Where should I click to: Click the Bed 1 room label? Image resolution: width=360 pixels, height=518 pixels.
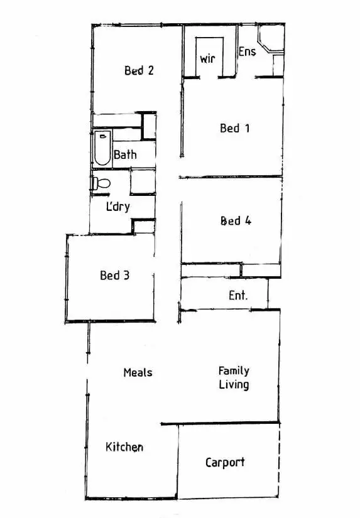point(235,128)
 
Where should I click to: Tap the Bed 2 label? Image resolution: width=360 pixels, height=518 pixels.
point(139,70)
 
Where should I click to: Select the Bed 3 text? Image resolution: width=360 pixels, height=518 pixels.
point(114,275)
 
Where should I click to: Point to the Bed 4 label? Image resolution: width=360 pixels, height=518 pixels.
point(236,221)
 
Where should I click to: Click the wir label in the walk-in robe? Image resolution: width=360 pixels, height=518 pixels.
point(207,59)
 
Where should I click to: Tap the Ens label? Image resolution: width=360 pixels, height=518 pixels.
point(247,51)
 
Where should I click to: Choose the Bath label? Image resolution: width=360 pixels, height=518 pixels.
point(125,154)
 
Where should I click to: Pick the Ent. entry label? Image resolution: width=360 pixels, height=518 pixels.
point(238,295)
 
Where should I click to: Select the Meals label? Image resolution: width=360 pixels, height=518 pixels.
point(138,372)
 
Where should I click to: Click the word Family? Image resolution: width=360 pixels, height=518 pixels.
point(234,371)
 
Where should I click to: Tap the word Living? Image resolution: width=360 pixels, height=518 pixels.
point(234,385)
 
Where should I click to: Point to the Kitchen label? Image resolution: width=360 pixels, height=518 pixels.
point(124,447)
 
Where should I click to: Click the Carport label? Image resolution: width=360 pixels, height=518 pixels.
point(225,463)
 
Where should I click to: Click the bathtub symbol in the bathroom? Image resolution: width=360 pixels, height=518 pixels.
point(102,148)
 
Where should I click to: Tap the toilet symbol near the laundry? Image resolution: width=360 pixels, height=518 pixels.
point(101,183)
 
